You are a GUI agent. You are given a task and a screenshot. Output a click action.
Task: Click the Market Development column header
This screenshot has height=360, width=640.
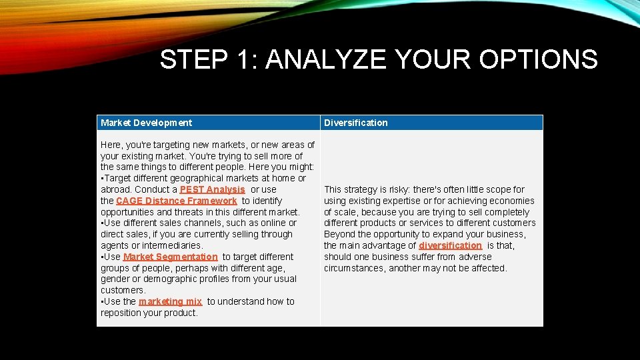(146, 123)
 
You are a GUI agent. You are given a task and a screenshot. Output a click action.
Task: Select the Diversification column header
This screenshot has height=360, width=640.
(355, 123)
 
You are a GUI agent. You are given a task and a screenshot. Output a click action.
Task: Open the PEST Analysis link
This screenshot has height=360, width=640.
(212, 189)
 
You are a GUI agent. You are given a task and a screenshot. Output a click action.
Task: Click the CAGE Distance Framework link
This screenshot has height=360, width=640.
(176, 201)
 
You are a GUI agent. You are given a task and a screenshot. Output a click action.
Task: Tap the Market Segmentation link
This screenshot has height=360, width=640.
(170, 257)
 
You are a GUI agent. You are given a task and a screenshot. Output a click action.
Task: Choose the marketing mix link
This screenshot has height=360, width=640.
(170, 301)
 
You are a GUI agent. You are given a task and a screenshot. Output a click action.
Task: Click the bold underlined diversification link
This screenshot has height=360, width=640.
(450, 245)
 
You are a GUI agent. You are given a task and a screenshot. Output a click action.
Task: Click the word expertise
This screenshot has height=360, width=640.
(400, 201)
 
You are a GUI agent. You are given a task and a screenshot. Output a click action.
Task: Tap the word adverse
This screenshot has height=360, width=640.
(475, 257)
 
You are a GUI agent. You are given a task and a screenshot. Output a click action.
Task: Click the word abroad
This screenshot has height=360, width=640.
(115, 189)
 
